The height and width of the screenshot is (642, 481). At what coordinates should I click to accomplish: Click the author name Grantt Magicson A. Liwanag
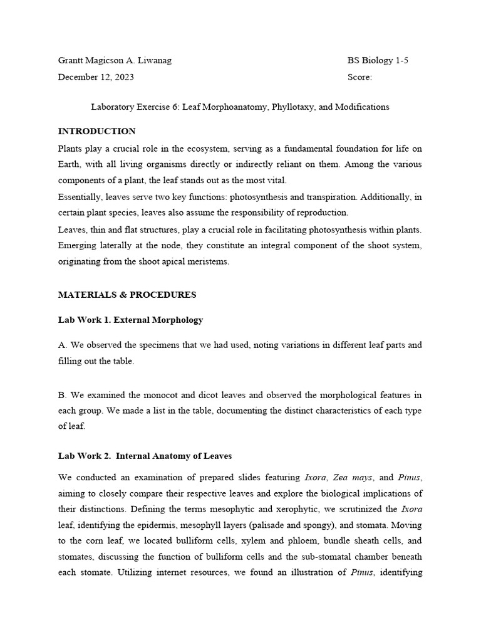(115, 61)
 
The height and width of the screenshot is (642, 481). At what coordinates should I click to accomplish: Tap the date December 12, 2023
(96, 77)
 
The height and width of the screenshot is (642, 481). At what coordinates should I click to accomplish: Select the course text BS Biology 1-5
(378, 61)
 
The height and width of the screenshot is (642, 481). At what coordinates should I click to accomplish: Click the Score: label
(359, 77)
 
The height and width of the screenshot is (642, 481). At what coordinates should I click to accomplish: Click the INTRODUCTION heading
(96, 132)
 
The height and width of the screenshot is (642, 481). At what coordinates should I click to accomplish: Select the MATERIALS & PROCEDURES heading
(127, 295)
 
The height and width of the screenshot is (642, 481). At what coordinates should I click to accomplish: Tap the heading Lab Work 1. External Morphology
(130, 320)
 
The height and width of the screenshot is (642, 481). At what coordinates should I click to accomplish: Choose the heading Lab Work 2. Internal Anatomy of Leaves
(145, 456)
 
